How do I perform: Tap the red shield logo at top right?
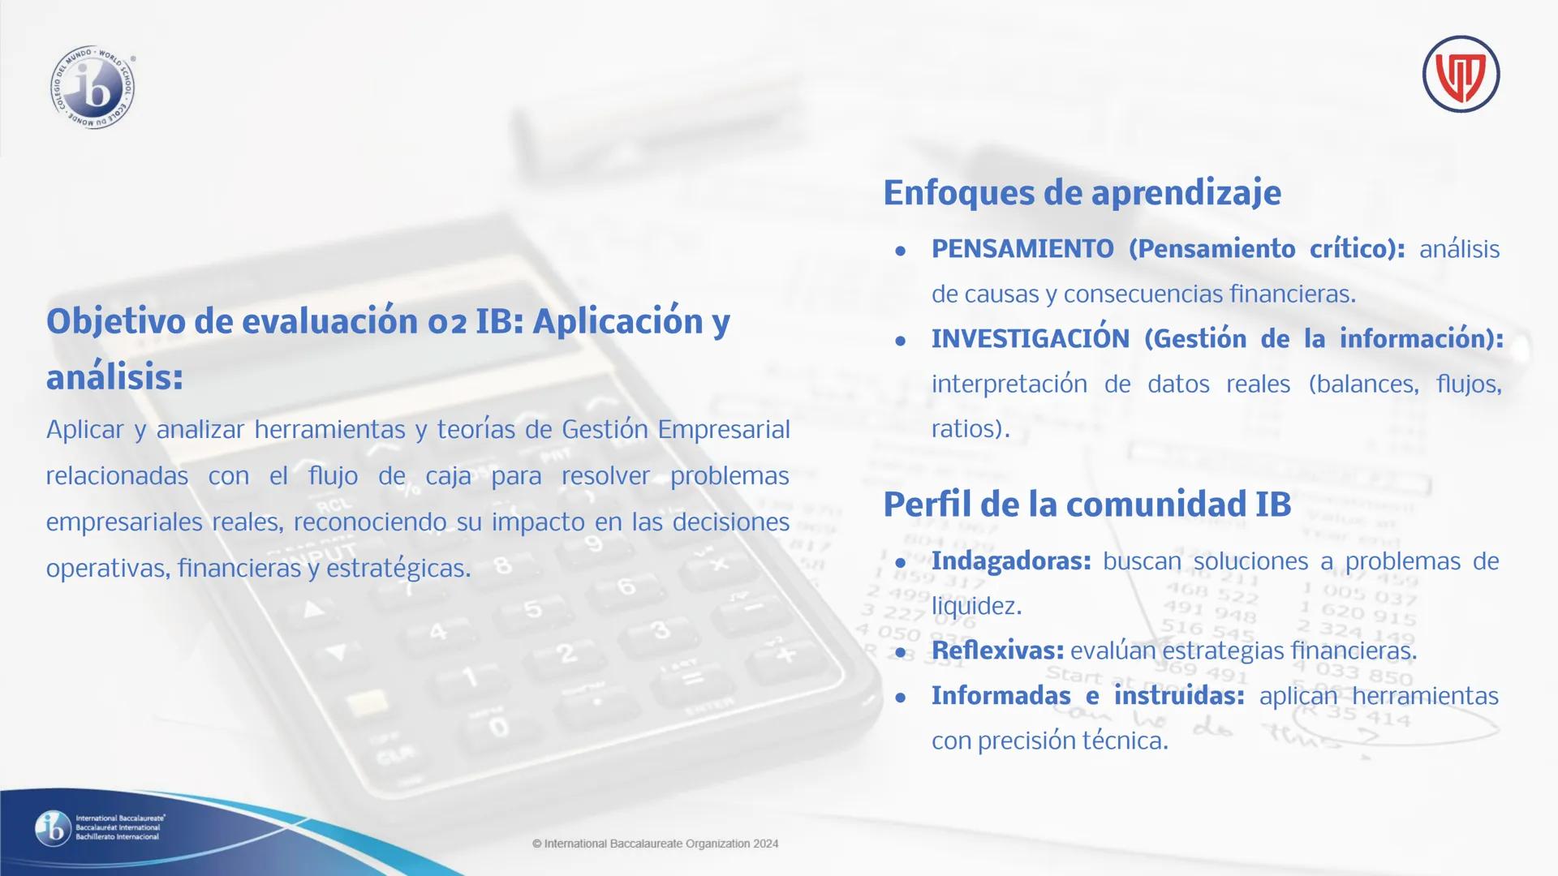[x=1461, y=74]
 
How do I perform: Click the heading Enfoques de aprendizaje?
[x=1082, y=193]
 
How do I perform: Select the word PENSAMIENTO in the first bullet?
[x=1022, y=248]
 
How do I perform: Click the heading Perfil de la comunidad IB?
[x=1087, y=504]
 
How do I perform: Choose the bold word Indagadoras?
[x=1011, y=560]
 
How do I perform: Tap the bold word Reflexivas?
[x=997, y=651]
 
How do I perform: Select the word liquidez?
[x=976, y=606]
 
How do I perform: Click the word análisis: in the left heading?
[x=114, y=377]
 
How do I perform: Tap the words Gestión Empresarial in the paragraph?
[x=675, y=429]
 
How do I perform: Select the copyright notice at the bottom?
[x=655, y=844]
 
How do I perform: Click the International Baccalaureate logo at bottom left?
[x=99, y=827]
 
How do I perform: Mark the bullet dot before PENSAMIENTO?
[x=900, y=251]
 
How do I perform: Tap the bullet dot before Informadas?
[x=900, y=698]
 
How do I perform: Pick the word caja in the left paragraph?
[x=448, y=476]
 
